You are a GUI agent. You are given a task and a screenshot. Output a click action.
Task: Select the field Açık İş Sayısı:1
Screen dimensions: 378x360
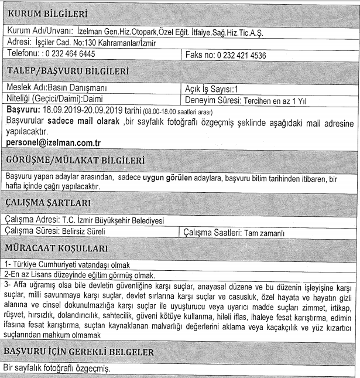click(x=210, y=89)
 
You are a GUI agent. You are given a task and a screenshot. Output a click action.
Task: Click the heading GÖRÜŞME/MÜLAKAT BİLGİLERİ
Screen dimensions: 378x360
click(x=83, y=160)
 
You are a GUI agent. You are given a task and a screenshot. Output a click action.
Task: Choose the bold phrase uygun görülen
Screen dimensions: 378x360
click(x=168, y=177)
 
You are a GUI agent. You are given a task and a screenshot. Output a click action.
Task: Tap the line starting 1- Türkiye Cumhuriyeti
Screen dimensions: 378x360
click(x=70, y=265)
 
